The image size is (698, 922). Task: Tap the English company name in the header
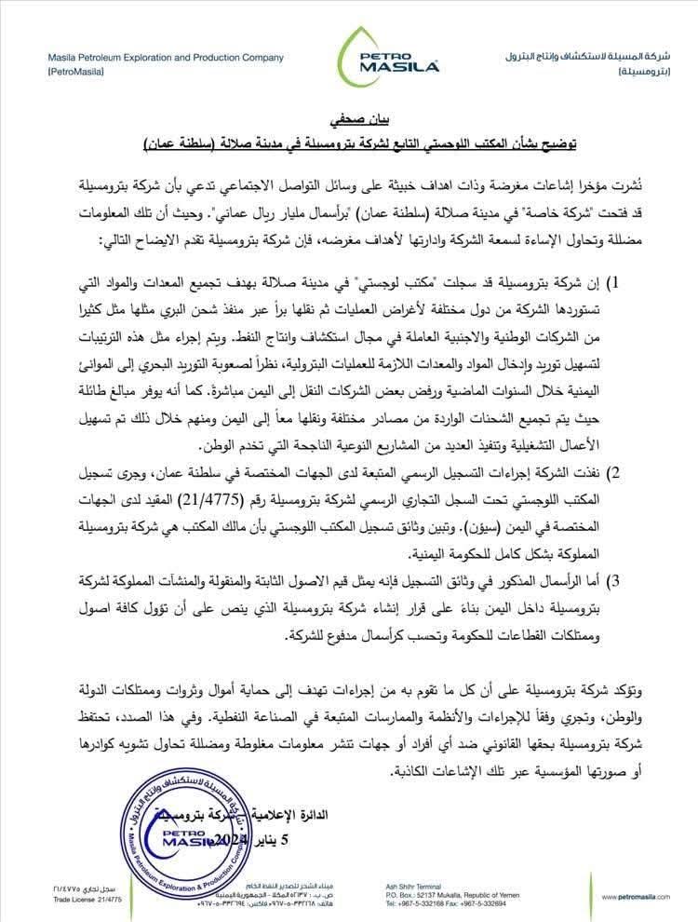[x=166, y=58]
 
